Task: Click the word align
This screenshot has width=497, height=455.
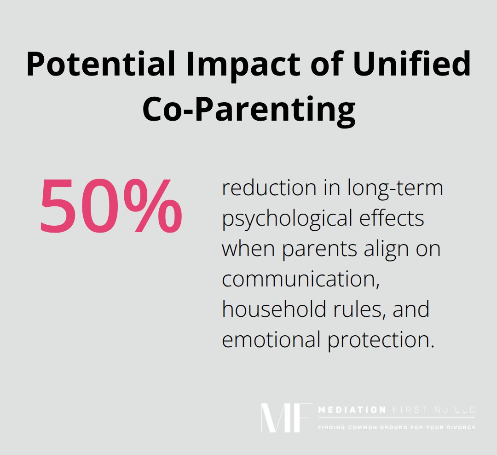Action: pos(386,250)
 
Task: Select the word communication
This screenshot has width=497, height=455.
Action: pos(301,279)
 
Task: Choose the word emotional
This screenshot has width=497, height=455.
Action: pos(271,340)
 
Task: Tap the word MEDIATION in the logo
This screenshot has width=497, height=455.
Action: pos(352,410)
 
